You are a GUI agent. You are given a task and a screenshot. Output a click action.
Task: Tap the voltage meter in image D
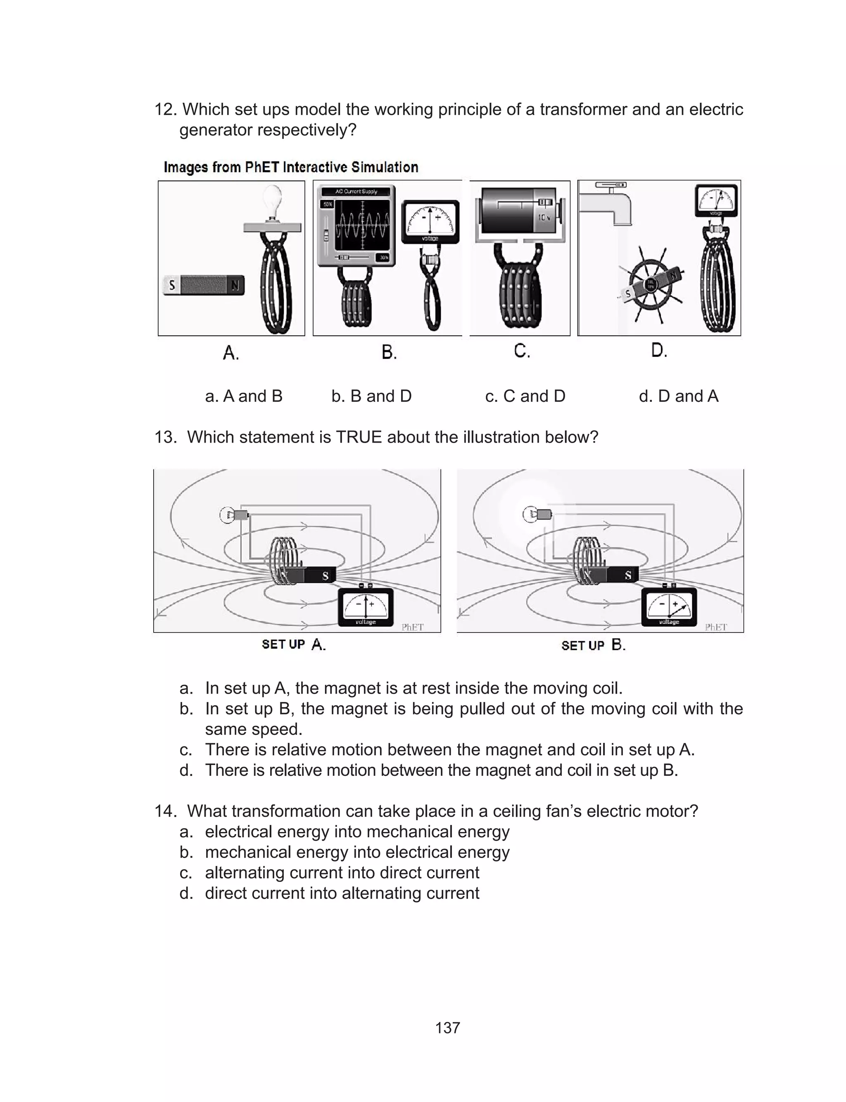coord(715,200)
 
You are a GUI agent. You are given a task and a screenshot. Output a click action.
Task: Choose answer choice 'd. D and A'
coord(678,396)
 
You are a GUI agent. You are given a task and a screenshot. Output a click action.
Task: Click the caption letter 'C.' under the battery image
coord(522,351)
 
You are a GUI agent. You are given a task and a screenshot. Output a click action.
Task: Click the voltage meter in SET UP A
coord(366,608)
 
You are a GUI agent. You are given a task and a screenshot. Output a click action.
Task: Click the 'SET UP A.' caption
coord(294,645)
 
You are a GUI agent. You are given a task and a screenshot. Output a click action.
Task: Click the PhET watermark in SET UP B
coord(715,627)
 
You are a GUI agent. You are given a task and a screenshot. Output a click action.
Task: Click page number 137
coord(447,1028)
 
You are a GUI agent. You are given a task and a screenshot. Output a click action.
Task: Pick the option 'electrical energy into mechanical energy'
coord(356,832)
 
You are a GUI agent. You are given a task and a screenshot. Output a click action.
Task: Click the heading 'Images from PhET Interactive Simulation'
coord(291,167)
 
